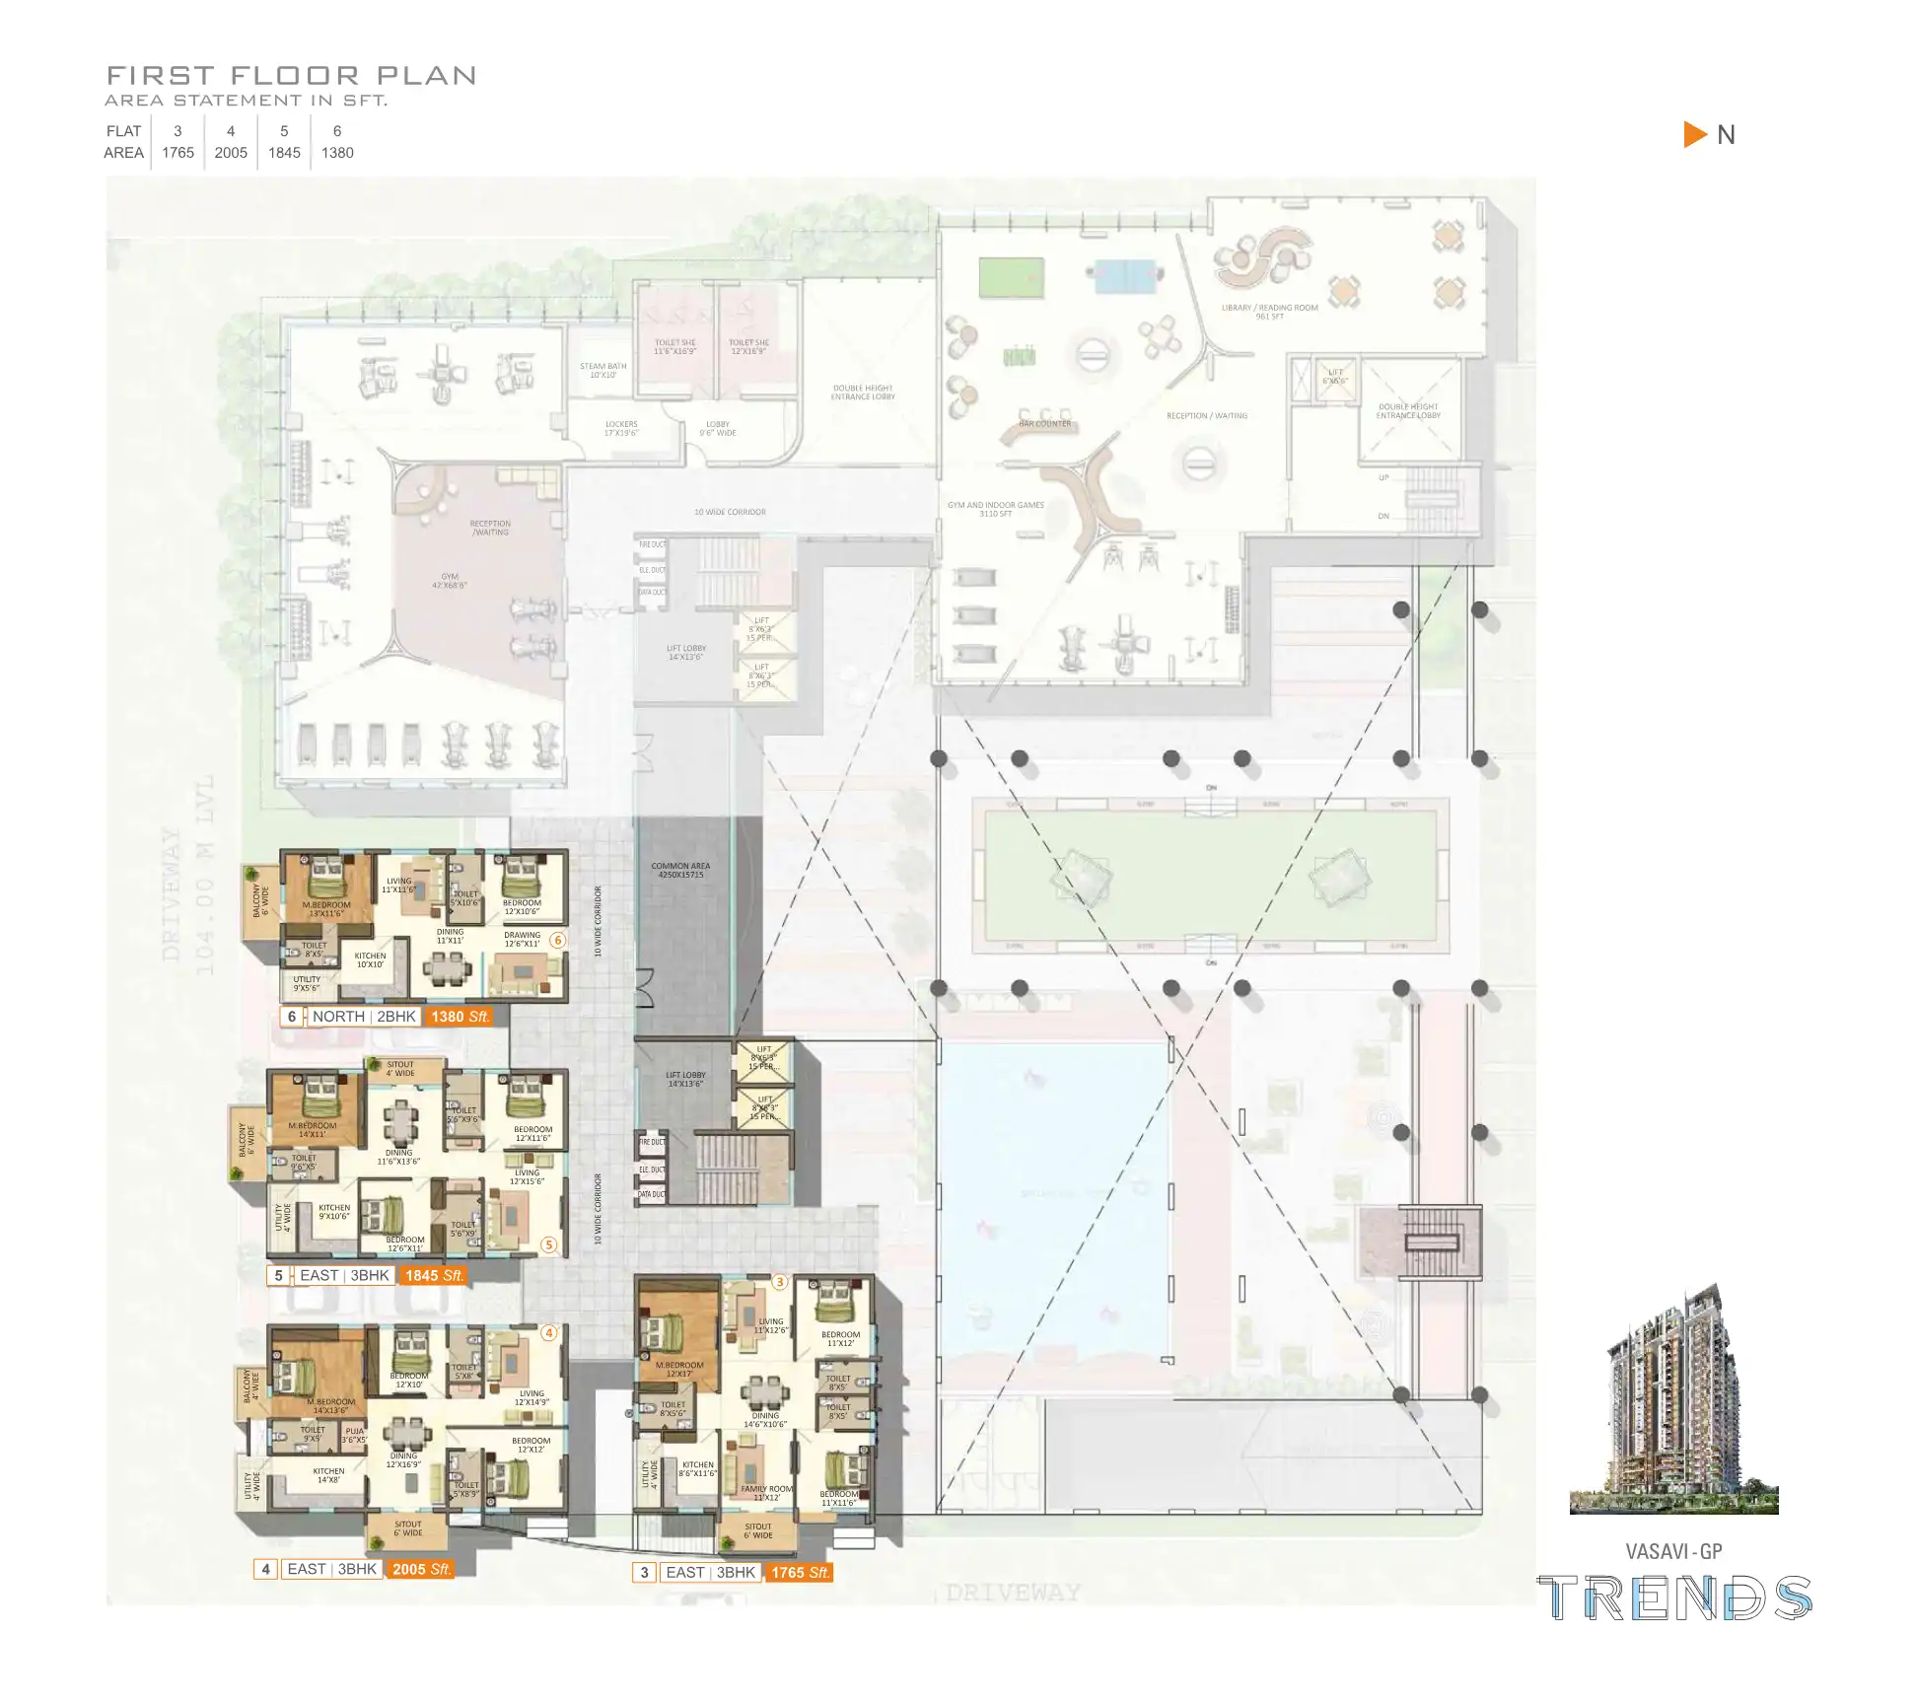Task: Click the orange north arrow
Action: tap(1695, 134)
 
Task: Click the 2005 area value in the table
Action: tap(231, 153)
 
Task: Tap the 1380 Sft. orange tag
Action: tap(459, 1017)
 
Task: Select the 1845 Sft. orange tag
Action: tap(433, 1275)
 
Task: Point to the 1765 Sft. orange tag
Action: tap(799, 1572)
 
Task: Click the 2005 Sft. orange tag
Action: tap(421, 1569)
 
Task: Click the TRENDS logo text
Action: tap(1674, 1598)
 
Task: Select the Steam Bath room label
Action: tap(603, 370)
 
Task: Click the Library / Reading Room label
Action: tap(1269, 312)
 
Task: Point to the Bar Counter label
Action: tap(1044, 424)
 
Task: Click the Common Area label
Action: tap(680, 870)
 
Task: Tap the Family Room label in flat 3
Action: tap(766, 1493)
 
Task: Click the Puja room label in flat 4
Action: tap(355, 1435)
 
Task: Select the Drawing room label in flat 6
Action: tap(522, 939)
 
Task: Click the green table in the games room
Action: tap(1011, 277)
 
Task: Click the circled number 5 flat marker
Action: tap(549, 1245)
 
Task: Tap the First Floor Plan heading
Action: tap(291, 75)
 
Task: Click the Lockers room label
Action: tap(621, 428)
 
